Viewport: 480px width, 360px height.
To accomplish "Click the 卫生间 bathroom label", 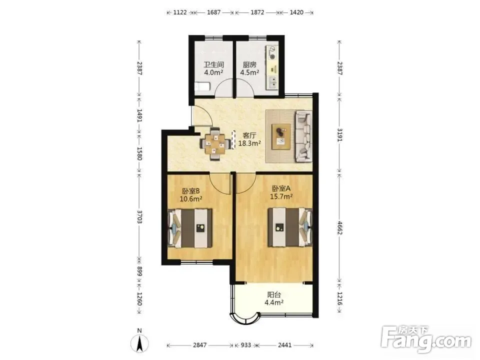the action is click(x=214, y=65).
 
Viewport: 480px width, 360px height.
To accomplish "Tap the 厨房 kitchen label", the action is click(x=249, y=65).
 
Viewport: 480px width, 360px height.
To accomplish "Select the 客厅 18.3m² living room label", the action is click(x=249, y=139).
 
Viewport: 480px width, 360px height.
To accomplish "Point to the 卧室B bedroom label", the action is click(x=190, y=191).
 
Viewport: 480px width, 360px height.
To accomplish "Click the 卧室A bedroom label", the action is click(x=281, y=188).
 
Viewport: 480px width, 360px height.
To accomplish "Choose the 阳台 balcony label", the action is click(x=274, y=295).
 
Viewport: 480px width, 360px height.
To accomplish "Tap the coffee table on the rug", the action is click(x=281, y=136).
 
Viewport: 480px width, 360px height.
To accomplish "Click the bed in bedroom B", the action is click(x=190, y=228).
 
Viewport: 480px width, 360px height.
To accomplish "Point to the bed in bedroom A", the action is click(x=290, y=227).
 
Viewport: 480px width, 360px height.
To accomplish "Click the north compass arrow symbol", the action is click(x=139, y=343).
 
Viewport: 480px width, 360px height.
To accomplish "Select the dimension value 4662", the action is click(x=339, y=228).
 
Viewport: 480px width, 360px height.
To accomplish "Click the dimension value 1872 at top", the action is click(x=257, y=12).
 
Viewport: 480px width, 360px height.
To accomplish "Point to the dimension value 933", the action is click(x=245, y=345).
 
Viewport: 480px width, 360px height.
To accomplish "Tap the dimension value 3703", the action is click(x=139, y=216).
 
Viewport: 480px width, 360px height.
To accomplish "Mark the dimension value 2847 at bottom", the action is click(x=199, y=345).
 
